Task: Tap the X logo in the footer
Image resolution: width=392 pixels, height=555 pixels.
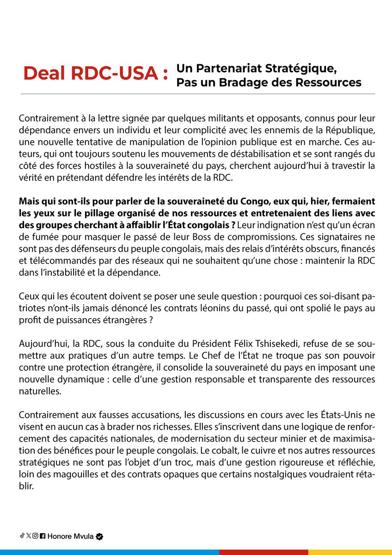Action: coord(29,536)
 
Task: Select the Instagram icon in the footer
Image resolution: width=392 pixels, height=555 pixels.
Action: coord(35,536)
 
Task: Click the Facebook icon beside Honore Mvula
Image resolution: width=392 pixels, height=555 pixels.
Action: coord(43,536)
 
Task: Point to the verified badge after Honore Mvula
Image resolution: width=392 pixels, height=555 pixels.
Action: coord(99,536)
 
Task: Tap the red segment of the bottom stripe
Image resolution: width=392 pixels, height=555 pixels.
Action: coord(263,552)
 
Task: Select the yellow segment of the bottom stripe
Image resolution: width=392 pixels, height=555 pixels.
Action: coord(350,552)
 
